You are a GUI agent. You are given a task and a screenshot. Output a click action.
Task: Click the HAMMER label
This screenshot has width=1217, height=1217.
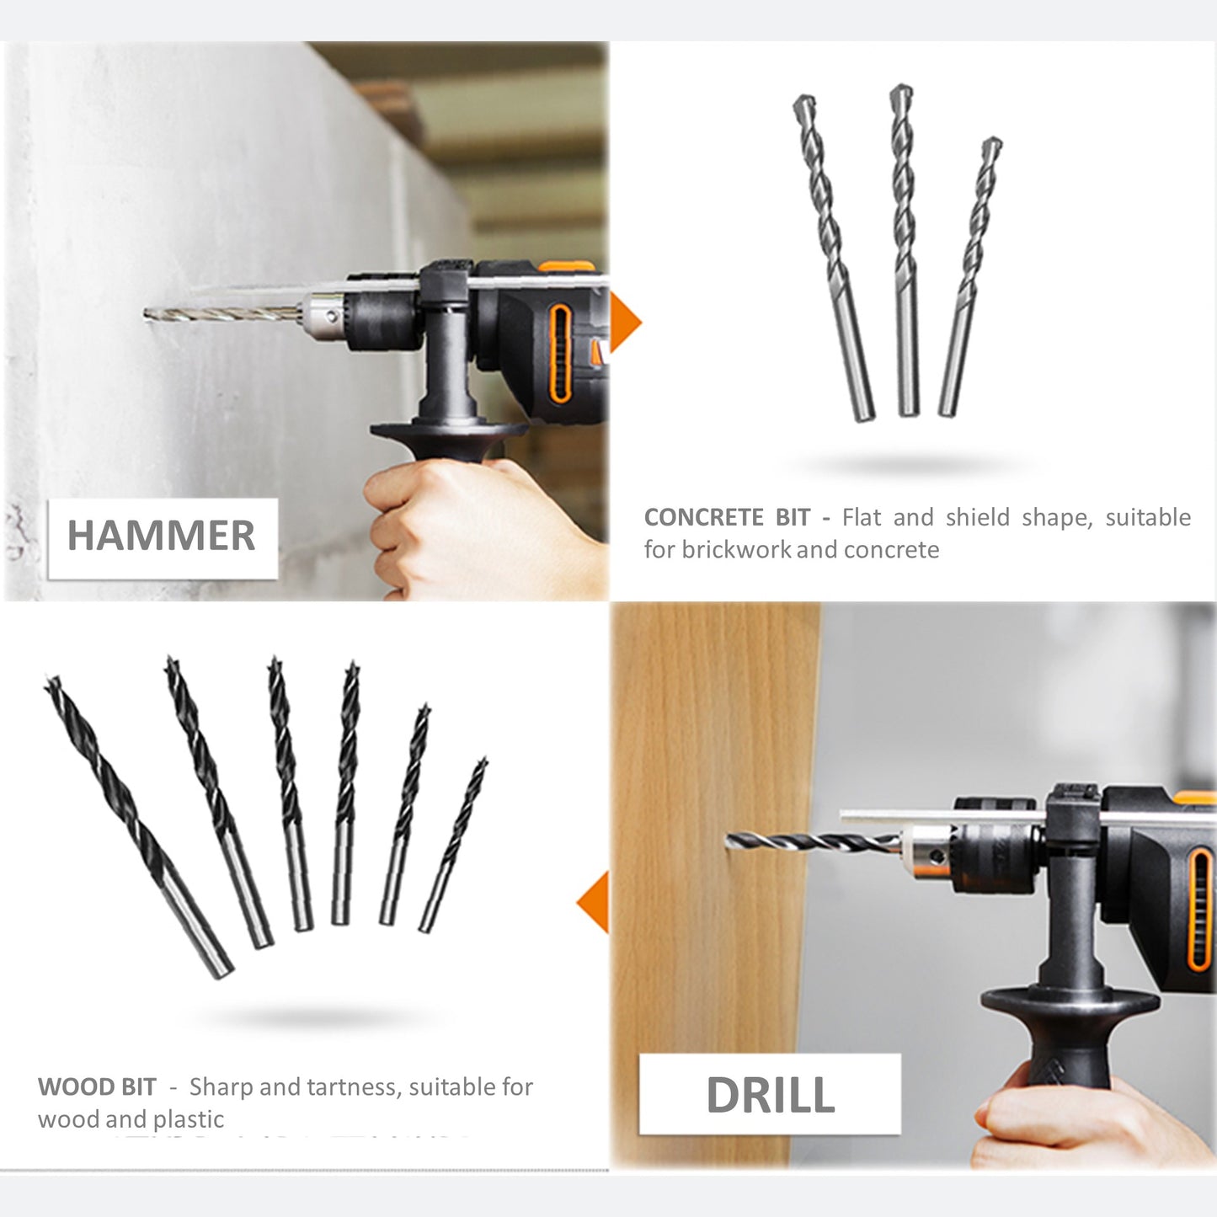tap(162, 536)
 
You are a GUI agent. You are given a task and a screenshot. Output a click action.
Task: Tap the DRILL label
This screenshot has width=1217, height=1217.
tap(770, 1095)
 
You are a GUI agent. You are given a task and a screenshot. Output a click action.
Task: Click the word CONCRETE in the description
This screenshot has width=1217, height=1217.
tap(703, 518)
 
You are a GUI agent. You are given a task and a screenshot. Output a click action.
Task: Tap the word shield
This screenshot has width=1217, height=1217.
tap(978, 518)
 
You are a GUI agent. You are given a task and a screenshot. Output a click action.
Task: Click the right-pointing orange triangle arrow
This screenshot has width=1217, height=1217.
tap(626, 323)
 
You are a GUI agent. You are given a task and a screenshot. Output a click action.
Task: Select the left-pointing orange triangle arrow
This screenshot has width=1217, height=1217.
tap(592, 902)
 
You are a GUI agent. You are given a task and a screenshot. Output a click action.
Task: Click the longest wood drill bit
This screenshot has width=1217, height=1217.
tap(138, 826)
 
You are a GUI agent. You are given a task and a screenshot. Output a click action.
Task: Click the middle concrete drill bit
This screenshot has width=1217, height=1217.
tap(905, 250)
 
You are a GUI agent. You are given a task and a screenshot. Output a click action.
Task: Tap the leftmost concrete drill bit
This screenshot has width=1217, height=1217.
tap(833, 258)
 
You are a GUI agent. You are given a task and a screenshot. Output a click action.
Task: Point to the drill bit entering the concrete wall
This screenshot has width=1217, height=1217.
tap(221, 313)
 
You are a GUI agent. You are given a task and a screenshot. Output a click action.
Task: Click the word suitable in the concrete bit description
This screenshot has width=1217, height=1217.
tap(1148, 518)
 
